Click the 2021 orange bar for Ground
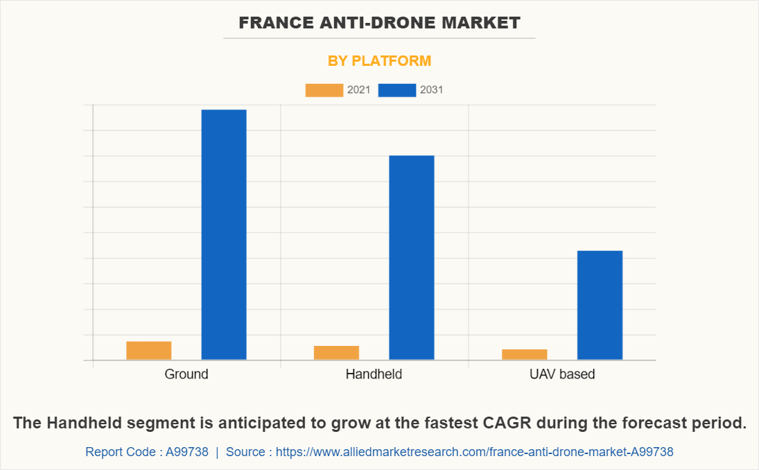[x=148, y=350]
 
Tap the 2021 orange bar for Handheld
[x=336, y=352]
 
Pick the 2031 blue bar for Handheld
[x=411, y=257]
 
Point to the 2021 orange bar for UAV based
[x=524, y=354]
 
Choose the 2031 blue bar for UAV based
[x=600, y=305]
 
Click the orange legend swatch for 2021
[x=324, y=90]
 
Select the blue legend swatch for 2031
[x=396, y=90]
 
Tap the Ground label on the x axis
[x=186, y=374]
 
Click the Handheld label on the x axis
[x=374, y=374]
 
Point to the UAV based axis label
[x=561, y=374]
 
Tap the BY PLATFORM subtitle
[x=379, y=61]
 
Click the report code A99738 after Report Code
[x=186, y=452]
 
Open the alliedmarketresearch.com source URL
[x=474, y=452]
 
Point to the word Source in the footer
[x=245, y=452]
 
